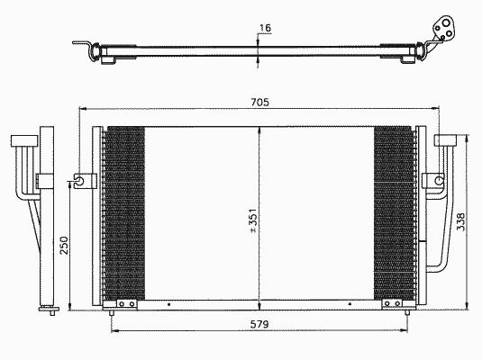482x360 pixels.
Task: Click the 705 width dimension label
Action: click(259, 102)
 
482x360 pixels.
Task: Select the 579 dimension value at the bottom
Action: click(259, 324)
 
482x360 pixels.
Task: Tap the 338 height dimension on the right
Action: click(460, 221)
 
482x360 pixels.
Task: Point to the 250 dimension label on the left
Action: click(64, 245)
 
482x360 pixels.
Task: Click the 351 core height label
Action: click(252, 220)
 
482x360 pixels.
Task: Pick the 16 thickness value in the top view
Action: click(265, 28)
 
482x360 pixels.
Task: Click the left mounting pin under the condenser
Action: click(112, 312)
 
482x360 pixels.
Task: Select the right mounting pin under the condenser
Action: click(407, 312)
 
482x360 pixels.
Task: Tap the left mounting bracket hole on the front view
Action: click(79, 180)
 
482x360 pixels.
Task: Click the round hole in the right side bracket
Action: click(440, 180)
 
